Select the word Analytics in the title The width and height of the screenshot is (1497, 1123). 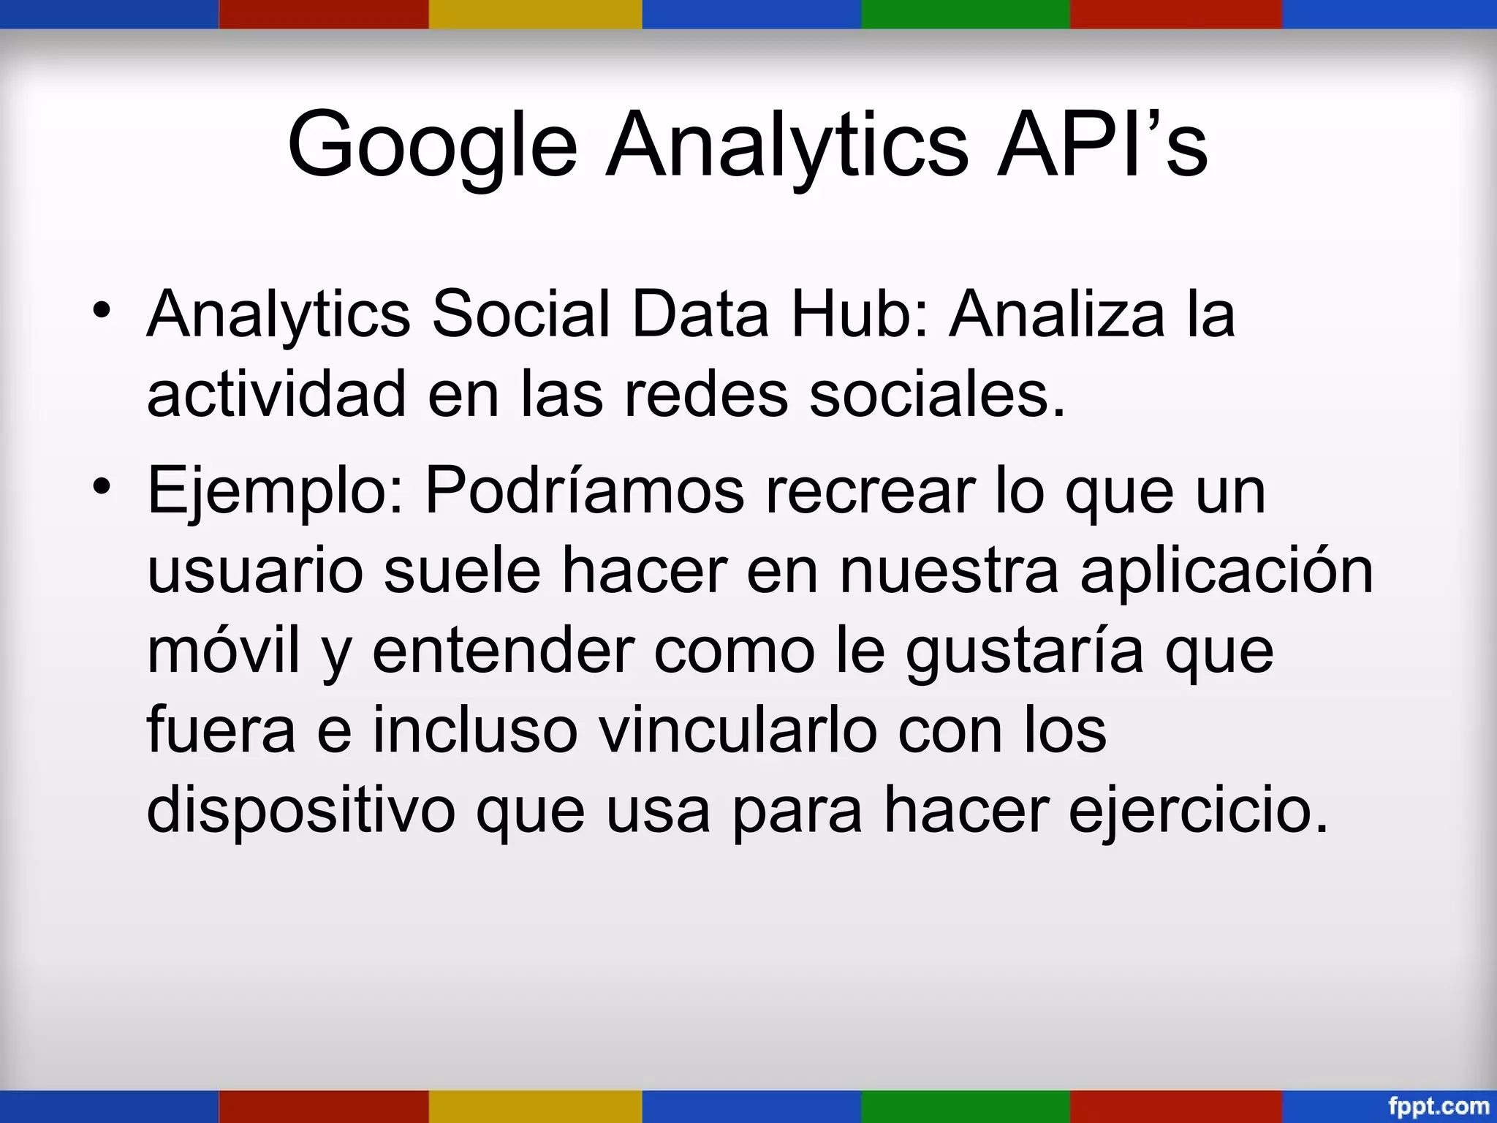click(x=787, y=145)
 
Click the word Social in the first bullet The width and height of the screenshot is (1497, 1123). click(x=520, y=314)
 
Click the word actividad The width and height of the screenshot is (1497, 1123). click(x=276, y=394)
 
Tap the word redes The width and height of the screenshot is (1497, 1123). click(x=706, y=394)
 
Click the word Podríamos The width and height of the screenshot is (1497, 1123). click(x=585, y=491)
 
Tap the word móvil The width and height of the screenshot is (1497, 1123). click(x=224, y=650)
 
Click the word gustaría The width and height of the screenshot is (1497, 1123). click(x=1024, y=651)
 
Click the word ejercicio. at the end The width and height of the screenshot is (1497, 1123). click(x=1198, y=810)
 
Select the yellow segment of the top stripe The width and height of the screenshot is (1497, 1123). click(x=535, y=14)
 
